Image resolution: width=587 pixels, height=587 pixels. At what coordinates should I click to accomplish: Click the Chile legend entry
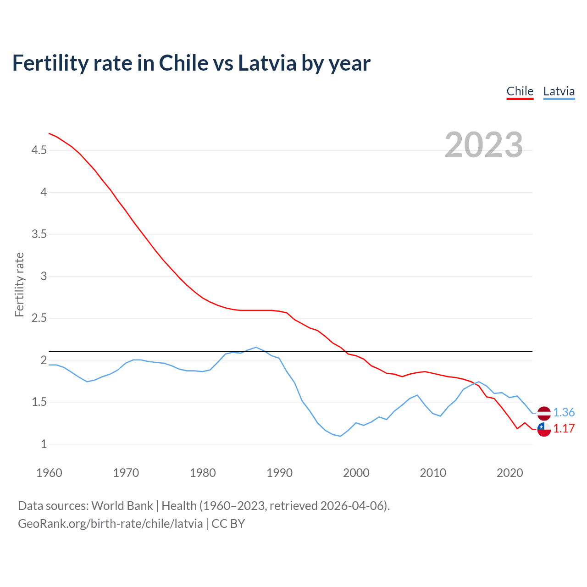[x=520, y=92]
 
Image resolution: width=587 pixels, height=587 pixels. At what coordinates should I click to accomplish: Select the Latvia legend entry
[x=559, y=92]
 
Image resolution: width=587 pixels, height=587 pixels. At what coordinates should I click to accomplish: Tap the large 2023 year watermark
[x=484, y=145]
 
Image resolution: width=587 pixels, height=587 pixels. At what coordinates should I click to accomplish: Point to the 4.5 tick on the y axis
[x=39, y=150]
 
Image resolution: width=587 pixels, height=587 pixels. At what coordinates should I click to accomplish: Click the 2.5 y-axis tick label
[x=39, y=318]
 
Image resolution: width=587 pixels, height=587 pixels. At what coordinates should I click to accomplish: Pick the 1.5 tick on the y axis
[x=39, y=402]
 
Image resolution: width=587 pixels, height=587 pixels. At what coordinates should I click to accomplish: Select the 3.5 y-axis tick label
[x=39, y=234]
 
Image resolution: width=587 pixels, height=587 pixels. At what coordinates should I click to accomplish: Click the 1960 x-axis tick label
[x=49, y=473]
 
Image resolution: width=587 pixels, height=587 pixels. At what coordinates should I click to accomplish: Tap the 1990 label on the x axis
[x=279, y=473]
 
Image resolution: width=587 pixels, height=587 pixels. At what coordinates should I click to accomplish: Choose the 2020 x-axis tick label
[x=509, y=473]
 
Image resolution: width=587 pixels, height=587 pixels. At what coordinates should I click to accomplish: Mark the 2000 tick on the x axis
[x=356, y=473]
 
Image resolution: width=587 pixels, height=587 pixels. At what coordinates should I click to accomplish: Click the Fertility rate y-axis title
[x=19, y=284]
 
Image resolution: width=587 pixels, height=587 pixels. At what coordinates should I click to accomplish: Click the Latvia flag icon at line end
[x=544, y=413]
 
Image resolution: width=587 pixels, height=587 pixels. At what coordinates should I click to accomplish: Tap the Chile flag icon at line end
[x=544, y=429]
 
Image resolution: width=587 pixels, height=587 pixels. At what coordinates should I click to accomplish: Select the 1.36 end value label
[x=564, y=413]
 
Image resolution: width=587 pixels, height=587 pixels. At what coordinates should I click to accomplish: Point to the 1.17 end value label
[x=564, y=429]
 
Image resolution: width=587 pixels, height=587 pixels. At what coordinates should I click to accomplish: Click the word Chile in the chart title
[x=183, y=63]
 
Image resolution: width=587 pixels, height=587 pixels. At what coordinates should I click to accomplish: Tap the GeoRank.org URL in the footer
[x=110, y=524]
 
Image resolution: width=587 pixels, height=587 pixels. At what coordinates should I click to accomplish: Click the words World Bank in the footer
[x=122, y=506]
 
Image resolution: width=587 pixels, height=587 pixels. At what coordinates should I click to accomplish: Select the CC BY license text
[x=228, y=524]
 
